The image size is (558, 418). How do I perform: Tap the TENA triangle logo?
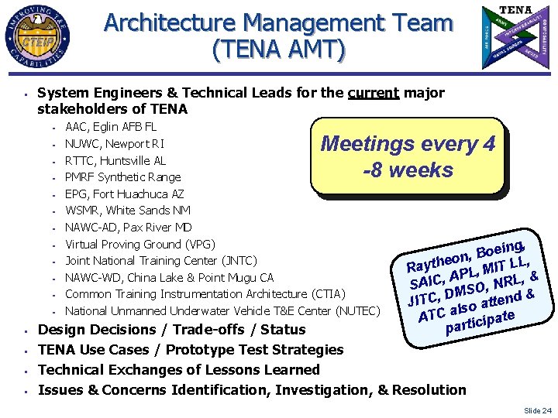(515, 36)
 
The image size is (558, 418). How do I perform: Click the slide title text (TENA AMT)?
(278, 50)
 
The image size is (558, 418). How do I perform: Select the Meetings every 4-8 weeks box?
(408, 156)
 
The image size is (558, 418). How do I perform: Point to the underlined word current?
(374, 94)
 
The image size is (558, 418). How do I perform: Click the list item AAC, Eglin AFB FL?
(111, 127)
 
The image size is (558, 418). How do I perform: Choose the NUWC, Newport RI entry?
(114, 144)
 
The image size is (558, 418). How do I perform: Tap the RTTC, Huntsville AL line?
(115, 161)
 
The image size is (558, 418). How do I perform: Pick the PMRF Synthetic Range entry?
(122, 177)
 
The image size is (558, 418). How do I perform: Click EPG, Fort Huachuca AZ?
(124, 194)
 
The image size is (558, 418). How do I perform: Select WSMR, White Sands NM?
(128, 211)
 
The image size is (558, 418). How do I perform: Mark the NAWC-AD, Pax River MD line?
(128, 228)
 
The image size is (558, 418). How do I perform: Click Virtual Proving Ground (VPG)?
(139, 244)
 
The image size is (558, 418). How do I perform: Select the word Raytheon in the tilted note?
(438, 259)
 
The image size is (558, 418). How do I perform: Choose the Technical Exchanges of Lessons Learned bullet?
(178, 370)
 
